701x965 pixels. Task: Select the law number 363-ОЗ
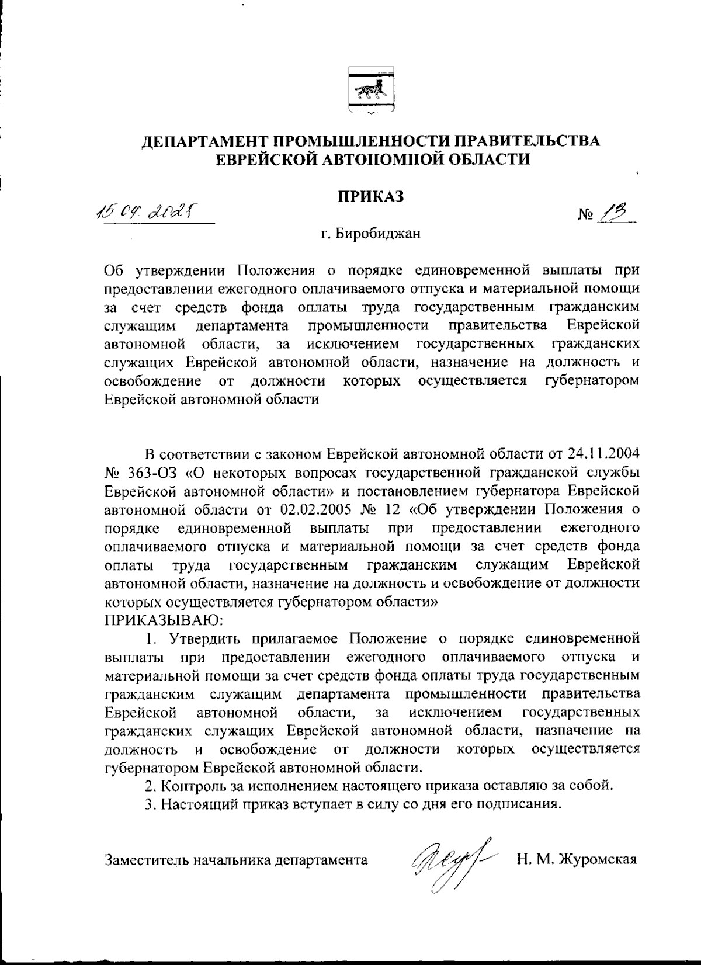[151, 472]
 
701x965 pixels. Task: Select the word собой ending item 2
[593, 785]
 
